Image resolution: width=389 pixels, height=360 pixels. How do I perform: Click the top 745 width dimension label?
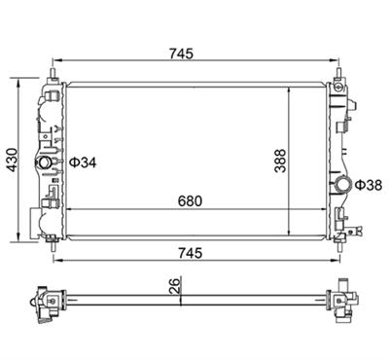[x=181, y=54]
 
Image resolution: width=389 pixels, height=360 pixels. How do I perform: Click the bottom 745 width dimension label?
[x=190, y=253]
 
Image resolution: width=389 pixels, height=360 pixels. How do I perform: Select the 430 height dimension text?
[x=13, y=160]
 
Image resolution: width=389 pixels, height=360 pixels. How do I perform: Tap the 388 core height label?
[x=280, y=161]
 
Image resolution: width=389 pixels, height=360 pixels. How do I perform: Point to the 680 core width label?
[x=190, y=201]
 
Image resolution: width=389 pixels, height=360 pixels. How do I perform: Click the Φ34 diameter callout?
[x=84, y=162]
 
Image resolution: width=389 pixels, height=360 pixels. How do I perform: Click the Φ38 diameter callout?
[x=369, y=185]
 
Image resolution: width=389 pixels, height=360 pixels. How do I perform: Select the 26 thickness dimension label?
[x=174, y=285]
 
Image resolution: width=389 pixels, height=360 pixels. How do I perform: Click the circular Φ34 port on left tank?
[x=44, y=162]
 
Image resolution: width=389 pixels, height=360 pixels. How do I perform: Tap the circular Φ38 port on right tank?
[x=343, y=185]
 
